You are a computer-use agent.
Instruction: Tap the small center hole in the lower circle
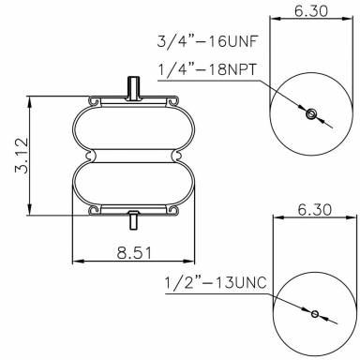pos(315,313)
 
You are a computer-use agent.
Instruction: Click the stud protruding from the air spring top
pos(132,87)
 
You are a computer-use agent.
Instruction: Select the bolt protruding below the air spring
pos(132,222)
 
